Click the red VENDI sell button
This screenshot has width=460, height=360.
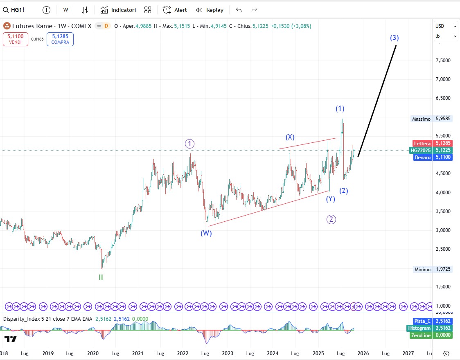point(16,39)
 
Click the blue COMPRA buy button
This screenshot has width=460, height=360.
point(60,39)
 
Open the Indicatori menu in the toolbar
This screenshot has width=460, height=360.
point(118,10)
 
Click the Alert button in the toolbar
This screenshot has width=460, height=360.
point(175,10)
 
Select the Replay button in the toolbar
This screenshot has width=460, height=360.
point(210,10)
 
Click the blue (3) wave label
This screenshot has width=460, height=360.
point(394,38)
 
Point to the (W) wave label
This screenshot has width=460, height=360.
point(206,233)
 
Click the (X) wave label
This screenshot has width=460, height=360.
point(290,137)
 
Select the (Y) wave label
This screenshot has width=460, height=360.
point(330,199)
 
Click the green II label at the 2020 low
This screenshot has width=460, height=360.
point(101,277)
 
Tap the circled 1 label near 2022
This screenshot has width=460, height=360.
point(189,144)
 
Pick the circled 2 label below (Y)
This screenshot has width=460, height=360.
point(331,219)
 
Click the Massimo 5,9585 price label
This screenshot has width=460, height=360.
point(432,119)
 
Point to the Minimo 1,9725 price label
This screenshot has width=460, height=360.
point(432,270)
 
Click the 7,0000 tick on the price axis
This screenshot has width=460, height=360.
point(442,79)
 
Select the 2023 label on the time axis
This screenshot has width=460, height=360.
point(228,353)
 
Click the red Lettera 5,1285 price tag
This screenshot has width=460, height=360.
point(432,144)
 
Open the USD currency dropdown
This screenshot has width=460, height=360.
point(446,26)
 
